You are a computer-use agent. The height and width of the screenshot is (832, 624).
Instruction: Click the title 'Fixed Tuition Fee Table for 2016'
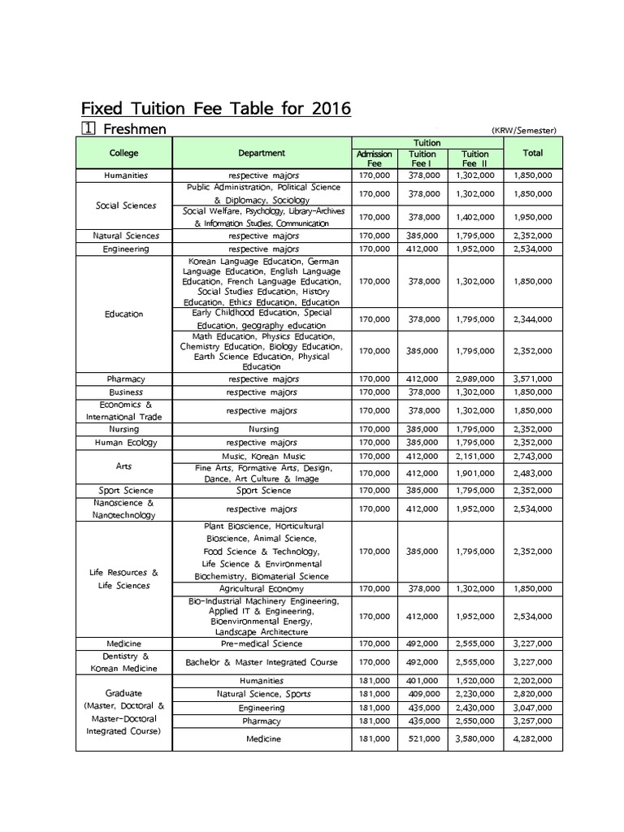click(x=215, y=108)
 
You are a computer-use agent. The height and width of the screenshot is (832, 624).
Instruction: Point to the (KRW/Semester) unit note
click(x=523, y=131)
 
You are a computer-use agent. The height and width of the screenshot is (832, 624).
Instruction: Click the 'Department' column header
click(x=262, y=153)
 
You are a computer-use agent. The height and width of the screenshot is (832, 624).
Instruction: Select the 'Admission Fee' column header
click(x=375, y=158)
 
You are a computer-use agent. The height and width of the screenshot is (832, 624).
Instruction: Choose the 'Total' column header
click(x=533, y=153)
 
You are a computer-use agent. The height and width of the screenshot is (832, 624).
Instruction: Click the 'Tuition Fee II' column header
click(x=474, y=158)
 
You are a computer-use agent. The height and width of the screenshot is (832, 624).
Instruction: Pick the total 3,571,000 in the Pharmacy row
click(x=533, y=379)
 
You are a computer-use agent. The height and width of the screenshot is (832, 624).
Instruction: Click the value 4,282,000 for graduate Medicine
click(x=533, y=739)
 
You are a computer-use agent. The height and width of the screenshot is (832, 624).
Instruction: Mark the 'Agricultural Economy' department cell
click(x=262, y=588)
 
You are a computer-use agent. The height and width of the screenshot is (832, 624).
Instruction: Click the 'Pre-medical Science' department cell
click(x=262, y=643)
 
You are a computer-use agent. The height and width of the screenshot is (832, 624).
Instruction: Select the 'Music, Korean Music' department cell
click(x=262, y=457)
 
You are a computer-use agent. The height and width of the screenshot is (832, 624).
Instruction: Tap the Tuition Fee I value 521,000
click(x=422, y=739)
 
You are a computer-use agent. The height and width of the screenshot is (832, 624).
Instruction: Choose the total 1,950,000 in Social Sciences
click(x=533, y=217)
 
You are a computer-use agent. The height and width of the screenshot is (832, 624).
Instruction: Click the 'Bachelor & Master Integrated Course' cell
click(x=262, y=662)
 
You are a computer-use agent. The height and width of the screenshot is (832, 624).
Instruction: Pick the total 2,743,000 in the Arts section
click(x=533, y=457)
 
